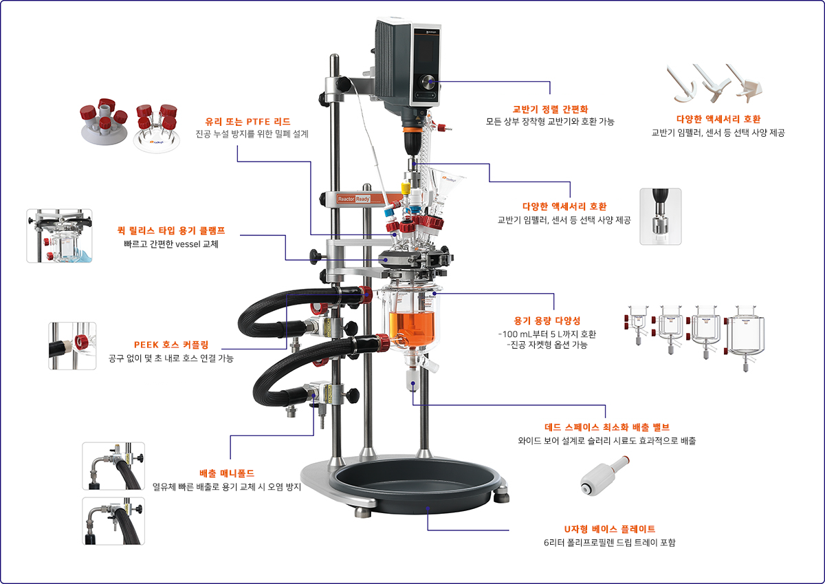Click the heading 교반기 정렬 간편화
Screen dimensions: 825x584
coord(550,109)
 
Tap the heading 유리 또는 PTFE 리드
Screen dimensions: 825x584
coord(248,122)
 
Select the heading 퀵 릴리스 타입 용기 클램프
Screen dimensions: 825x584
coord(171,230)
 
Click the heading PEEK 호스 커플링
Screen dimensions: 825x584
coord(171,345)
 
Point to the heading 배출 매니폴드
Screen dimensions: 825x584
coord(227,473)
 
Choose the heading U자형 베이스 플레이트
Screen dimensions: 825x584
coord(610,529)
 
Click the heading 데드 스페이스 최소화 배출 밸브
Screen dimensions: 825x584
coord(607,427)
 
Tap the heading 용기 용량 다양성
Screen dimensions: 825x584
coord(547,321)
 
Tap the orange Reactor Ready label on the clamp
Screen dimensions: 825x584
coord(353,199)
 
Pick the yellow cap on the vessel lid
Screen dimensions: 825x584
coord(405,188)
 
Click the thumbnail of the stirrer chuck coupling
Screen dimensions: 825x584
coord(661,217)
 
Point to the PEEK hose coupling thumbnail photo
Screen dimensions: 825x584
coord(72,346)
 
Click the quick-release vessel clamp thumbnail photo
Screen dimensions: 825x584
coord(59,236)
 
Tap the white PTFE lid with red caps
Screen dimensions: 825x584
coord(104,122)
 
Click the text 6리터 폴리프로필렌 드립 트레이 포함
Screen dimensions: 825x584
coord(610,543)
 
